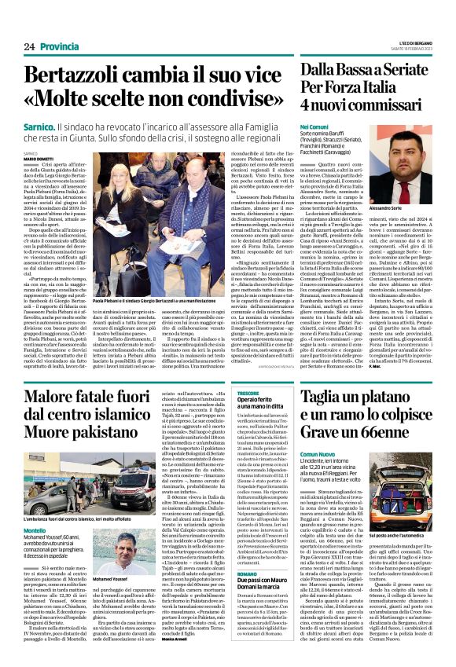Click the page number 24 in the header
pyautogui.click(x=18, y=47)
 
